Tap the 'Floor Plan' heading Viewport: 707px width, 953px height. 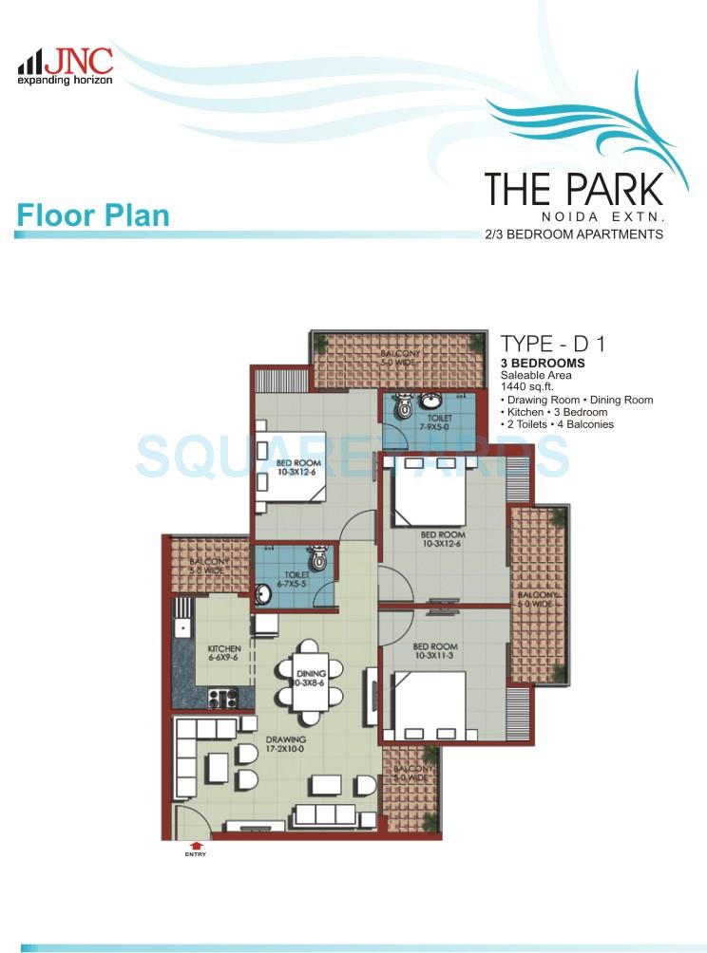tap(92, 215)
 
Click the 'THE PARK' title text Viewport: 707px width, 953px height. tap(573, 189)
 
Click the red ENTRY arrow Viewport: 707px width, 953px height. tap(197, 844)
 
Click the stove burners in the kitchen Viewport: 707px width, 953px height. tap(222, 700)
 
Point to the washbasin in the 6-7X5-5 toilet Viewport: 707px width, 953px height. tap(262, 595)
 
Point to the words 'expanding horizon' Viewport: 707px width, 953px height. tap(65, 81)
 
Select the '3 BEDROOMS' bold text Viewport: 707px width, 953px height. tap(543, 364)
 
